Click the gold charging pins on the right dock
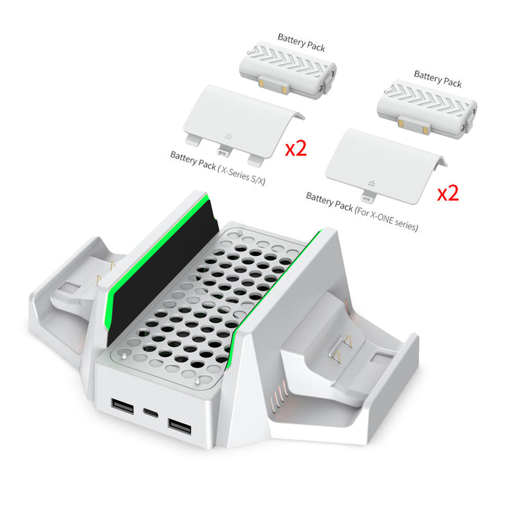point(342,352)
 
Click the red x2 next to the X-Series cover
point(296,148)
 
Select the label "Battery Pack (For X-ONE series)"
point(362,212)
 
